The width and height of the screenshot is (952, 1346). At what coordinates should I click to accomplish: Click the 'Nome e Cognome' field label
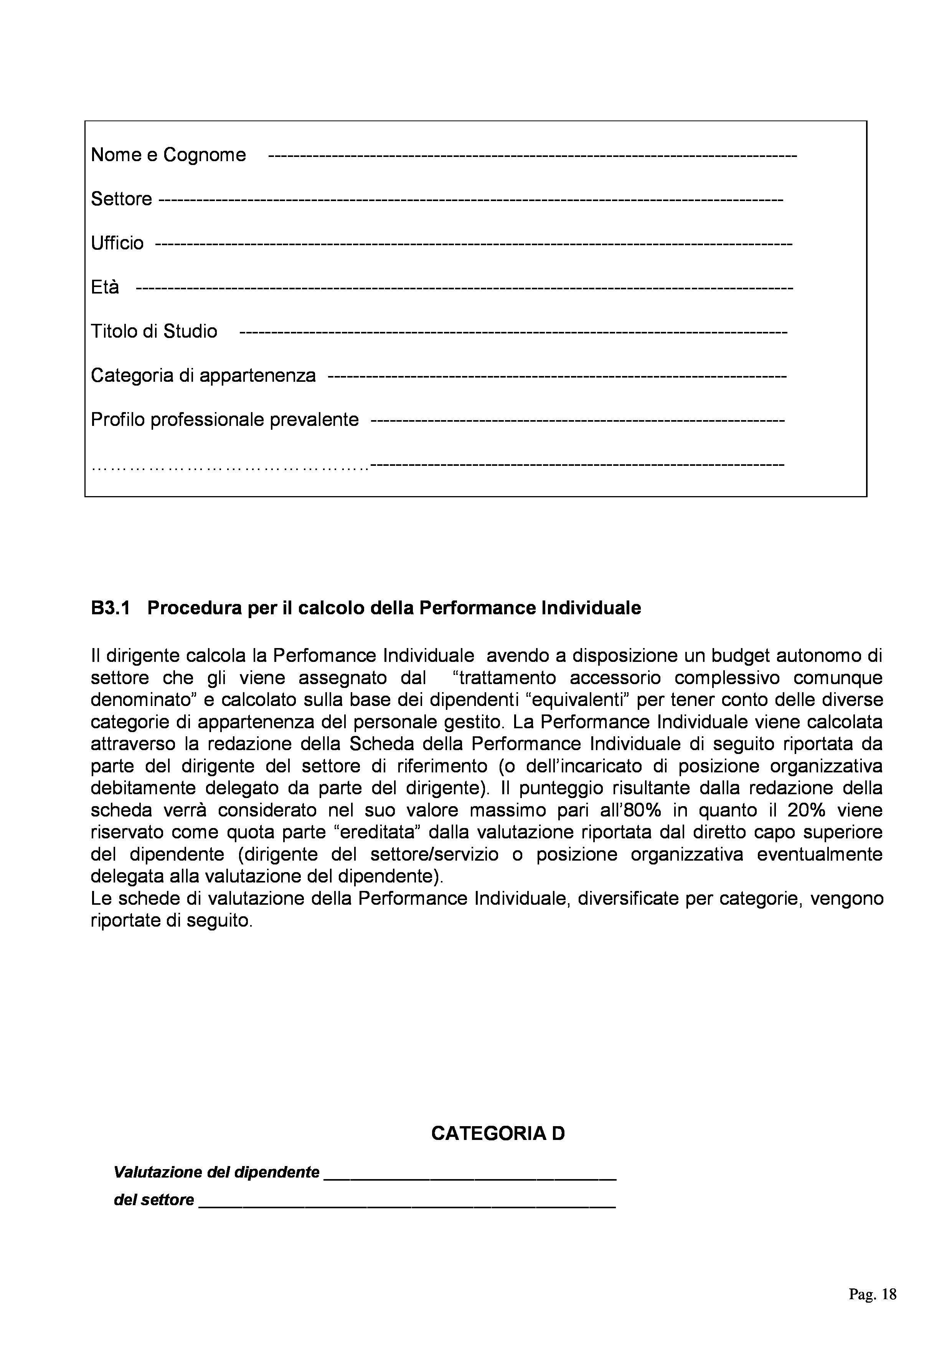[168, 155]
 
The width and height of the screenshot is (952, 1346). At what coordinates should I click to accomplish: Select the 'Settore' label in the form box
[121, 199]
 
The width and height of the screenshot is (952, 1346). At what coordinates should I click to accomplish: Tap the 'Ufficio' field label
[117, 243]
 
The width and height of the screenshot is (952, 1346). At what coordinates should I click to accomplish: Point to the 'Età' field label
[105, 287]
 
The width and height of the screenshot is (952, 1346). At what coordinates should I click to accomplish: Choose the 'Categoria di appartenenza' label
[203, 375]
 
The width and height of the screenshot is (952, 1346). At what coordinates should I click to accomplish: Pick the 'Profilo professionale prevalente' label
[224, 420]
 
